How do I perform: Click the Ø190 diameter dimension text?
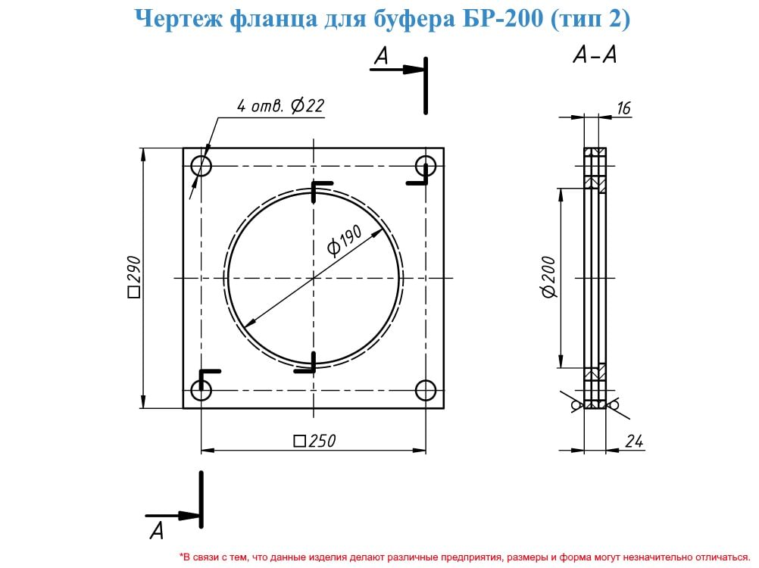tap(344, 240)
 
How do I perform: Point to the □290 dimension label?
tap(133, 276)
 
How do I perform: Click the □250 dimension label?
tap(314, 441)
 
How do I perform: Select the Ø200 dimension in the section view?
tap(548, 277)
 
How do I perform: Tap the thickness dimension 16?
tap(623, 108)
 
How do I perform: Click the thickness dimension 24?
tap(633, 441)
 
